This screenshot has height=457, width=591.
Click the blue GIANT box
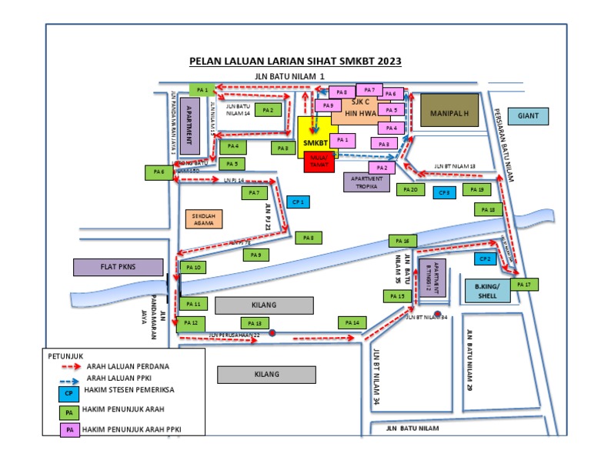coord(528,116)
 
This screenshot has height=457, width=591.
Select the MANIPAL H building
coord(449,112)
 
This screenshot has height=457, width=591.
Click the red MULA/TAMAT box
coord(319,162)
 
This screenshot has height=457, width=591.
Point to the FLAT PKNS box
coord(118,267)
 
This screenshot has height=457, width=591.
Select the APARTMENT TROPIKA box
coord(366,182)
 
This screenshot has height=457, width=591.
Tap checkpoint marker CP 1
coord(299,202)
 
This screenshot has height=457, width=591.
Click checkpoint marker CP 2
coord(484,259)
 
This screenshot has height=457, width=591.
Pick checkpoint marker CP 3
coord(444,192)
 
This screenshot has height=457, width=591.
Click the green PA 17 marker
coord(525,285)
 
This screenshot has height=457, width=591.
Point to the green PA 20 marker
coord(410,189)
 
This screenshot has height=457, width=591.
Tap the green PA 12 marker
coord(192,322)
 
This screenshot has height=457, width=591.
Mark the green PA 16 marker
coord(401,241)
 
